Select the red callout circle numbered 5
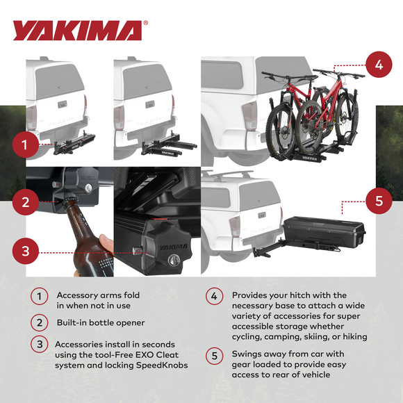(x=378, y=201)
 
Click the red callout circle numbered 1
(x=26, y=146)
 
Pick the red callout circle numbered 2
(x=26, y=202)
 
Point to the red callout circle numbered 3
(x=26, y=251)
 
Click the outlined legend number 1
(x=39, y=297)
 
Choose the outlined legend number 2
(x=39, y=322)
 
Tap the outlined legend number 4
(x=215, y=297)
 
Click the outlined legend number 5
(x=215, y=355)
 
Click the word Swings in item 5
(x=248, y=354)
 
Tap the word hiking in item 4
(x=352, y=336)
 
